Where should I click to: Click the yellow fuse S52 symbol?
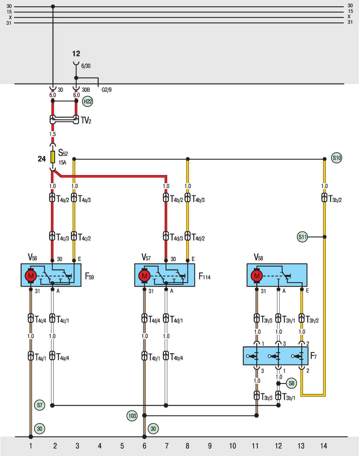pyautogui.click(x=53, y=157)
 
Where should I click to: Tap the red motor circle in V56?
pyautogui.click(x=31, y=276)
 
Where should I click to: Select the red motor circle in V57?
pyautogui.click(x=145, y=276)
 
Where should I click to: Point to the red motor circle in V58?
pyautogui.click(x=257, y=276)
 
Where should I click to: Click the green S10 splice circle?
pyautogui.click(x=336, y=158)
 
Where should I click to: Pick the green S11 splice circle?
pyautogui.click(x=302, y=237)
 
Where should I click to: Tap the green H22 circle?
pyautogui.click(x=87, y=101)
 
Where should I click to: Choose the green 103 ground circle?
pyautogui.click(x=132, y=416)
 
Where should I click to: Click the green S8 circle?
pyautogui.click(x=291, y=383)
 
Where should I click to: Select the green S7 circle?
pyautogui.click(x=40, y=405)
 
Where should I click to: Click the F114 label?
pyautogui.click(x=204, y=276)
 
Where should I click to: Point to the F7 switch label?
pyautogui.click(x=313, y=356)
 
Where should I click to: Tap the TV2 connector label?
pyautogui.click(x=86, y=120)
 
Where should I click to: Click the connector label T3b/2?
pyautogui.click(x=335, y=199)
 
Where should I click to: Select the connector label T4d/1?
pyautogui.click(x=176, y=319)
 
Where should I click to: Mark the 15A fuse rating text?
pyautogui.click(x=62, y=162)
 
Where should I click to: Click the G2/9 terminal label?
pyautogui.click(x=106, y=90)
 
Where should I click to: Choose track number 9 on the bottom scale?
pyautogui.click(x=210, y=446)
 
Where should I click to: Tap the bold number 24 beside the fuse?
pyautogui.click(x=41, y=159)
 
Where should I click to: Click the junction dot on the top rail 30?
pyautogui.click(x=53, y=7)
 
